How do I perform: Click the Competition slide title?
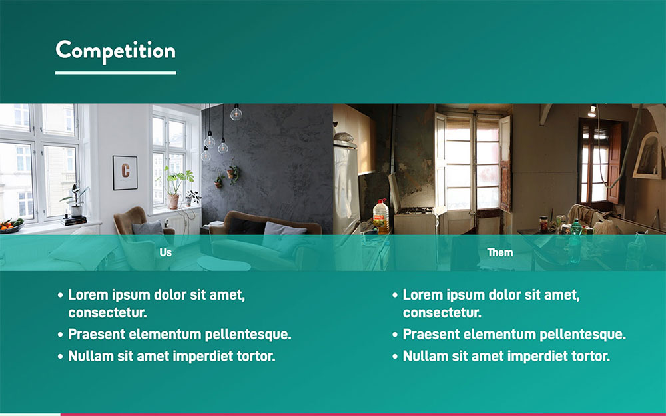[115, 51]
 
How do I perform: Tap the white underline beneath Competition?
[115, 73]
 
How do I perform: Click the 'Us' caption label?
[166, 252]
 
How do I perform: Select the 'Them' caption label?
[500, 252]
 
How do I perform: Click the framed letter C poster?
[125, 173]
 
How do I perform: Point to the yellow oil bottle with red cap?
[380, 216]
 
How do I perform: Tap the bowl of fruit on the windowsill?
[11, 225]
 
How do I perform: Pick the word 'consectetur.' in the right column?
[442, 313]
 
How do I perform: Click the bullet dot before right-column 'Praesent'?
[395, 335]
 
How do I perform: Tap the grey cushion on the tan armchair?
[147, 228]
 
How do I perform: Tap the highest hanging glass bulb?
[236, 112]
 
